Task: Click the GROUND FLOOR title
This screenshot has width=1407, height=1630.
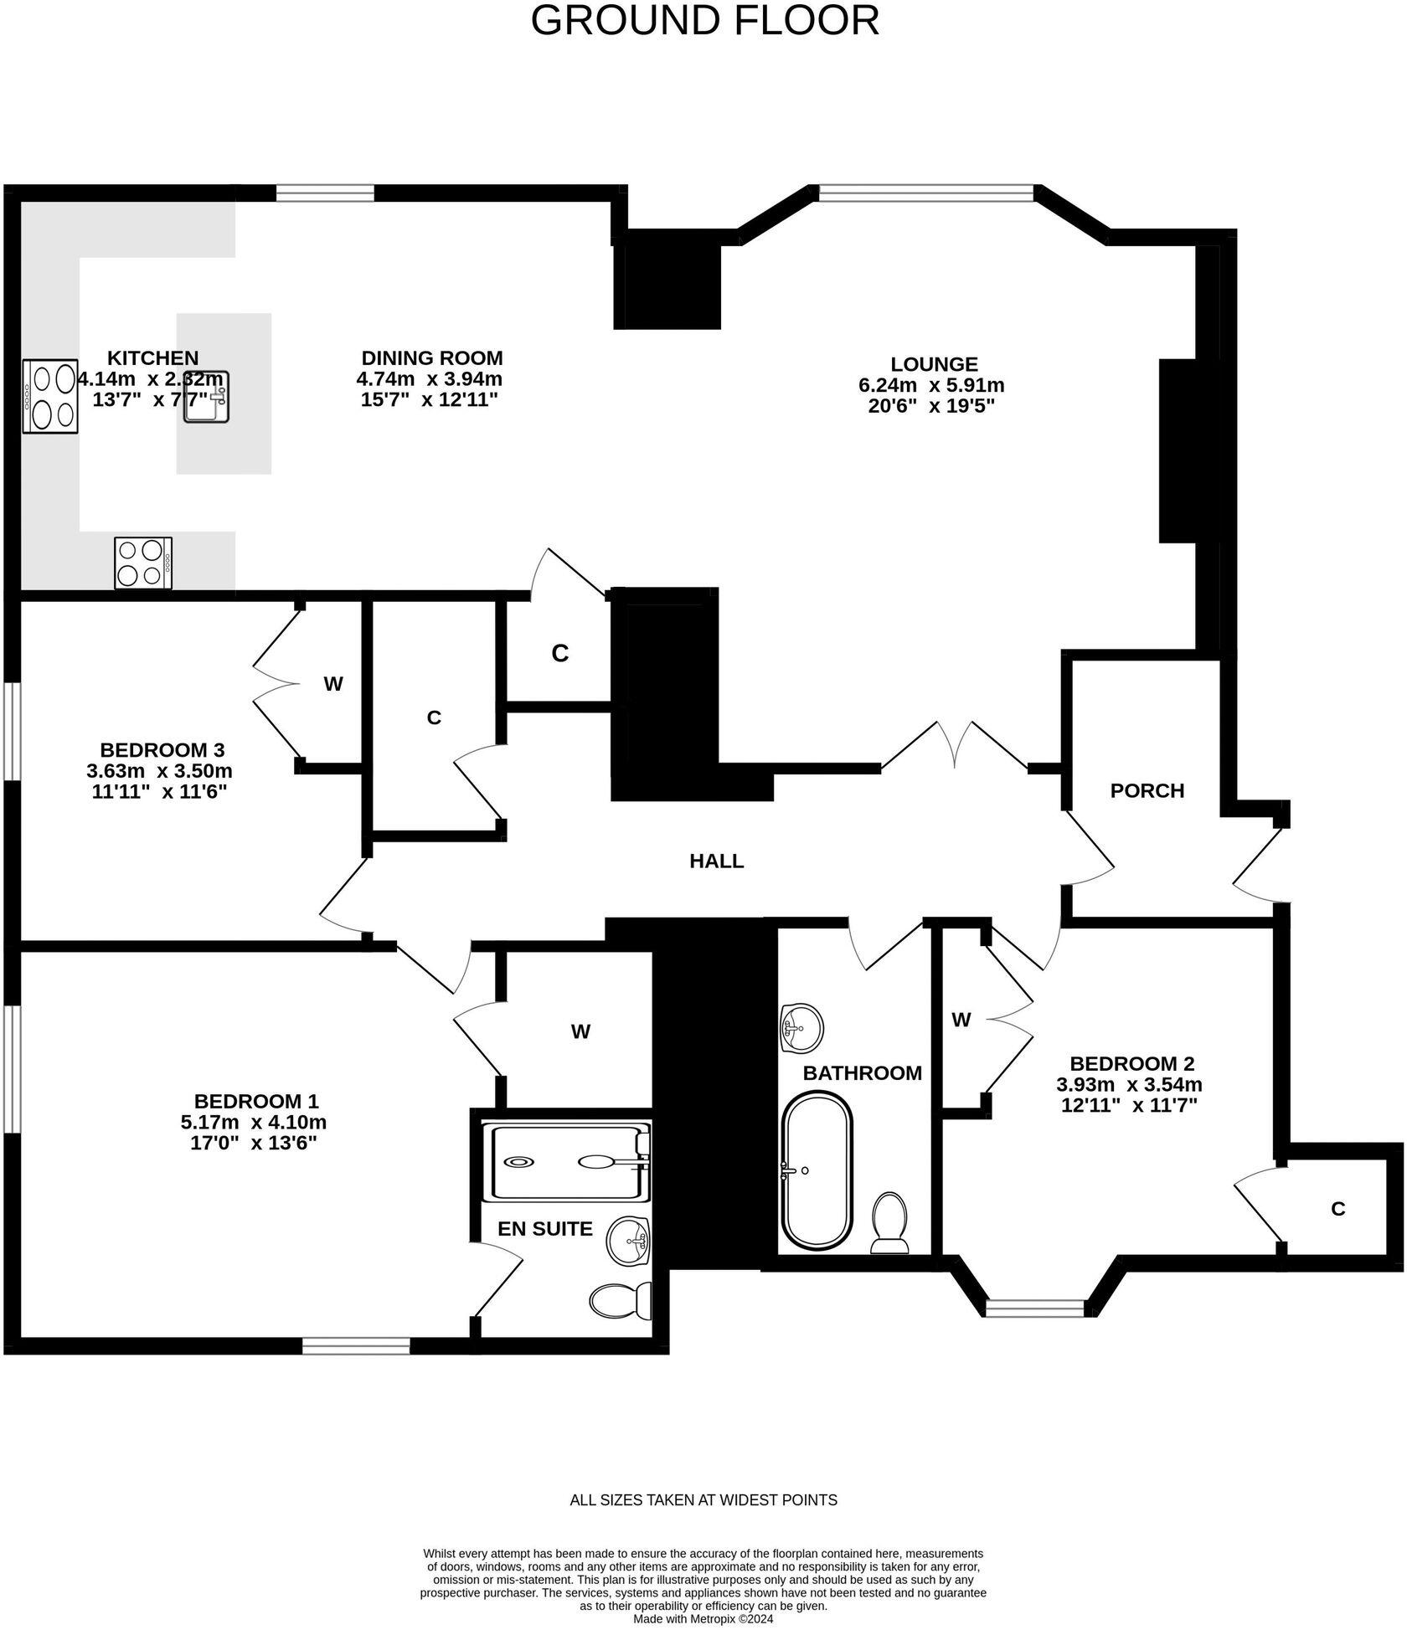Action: pos(704,20)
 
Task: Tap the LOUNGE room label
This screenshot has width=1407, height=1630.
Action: pos(934,364)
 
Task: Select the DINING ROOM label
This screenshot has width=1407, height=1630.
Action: pos(431,358)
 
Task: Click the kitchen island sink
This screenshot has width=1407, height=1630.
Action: pos(207,397)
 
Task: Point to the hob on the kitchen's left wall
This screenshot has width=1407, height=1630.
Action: pos(50,396)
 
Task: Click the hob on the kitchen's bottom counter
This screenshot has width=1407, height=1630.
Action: pos(143,563)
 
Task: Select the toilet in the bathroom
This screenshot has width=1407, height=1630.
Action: pos(889,1223)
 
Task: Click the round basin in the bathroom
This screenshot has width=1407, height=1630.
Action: pos(801,1027)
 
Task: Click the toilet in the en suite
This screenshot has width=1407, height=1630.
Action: pos(621,1301)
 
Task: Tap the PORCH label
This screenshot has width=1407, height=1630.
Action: pos(1147,790)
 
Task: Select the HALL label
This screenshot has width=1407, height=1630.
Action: pos(716,861)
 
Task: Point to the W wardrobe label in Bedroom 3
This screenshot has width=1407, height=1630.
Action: pos(333,684)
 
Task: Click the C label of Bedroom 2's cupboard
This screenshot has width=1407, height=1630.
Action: pos(1337,1209)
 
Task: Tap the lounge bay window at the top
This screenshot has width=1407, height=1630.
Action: pos(926,193)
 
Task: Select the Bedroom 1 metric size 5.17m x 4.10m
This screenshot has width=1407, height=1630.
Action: pos(253,1122)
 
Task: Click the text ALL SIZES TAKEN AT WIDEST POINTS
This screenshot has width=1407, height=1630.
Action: pos(703,1500)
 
